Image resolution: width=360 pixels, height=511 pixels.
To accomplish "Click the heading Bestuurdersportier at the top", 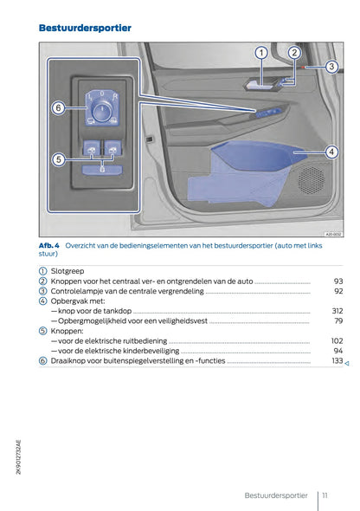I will (85, 29).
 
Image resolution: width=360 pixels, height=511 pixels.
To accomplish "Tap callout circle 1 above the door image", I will (260, 53).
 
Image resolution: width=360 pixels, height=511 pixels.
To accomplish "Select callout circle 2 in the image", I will (293, 53).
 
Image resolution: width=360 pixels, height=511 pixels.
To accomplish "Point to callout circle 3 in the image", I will (331, 67).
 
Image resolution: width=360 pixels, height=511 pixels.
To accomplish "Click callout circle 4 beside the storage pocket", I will (331, 152).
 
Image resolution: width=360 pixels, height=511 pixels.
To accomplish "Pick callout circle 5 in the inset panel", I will (58, 159).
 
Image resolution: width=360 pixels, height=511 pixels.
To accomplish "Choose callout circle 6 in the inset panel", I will (58, 108).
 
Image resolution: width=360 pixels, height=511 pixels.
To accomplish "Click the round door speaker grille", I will (311, 178).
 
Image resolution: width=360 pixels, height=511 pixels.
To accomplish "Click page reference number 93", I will (337, 281).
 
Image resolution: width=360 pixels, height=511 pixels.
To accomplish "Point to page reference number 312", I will (337, 311).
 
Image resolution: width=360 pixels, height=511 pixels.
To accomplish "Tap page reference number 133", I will (337, 360).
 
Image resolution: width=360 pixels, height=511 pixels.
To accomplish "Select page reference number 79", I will (338, 320).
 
